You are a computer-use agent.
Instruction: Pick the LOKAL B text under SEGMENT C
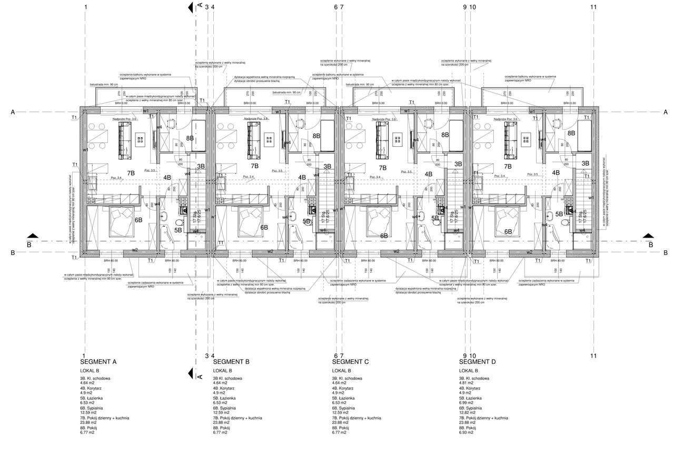343,371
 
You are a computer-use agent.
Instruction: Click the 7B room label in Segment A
131,173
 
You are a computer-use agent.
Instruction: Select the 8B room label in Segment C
445,135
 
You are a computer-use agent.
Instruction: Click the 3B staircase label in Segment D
585,164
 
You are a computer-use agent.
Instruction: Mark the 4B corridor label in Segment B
302,178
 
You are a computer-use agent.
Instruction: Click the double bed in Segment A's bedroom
123,221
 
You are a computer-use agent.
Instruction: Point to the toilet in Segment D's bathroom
566,222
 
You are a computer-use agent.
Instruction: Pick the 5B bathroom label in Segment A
178,230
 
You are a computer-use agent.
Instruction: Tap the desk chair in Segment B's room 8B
299,124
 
